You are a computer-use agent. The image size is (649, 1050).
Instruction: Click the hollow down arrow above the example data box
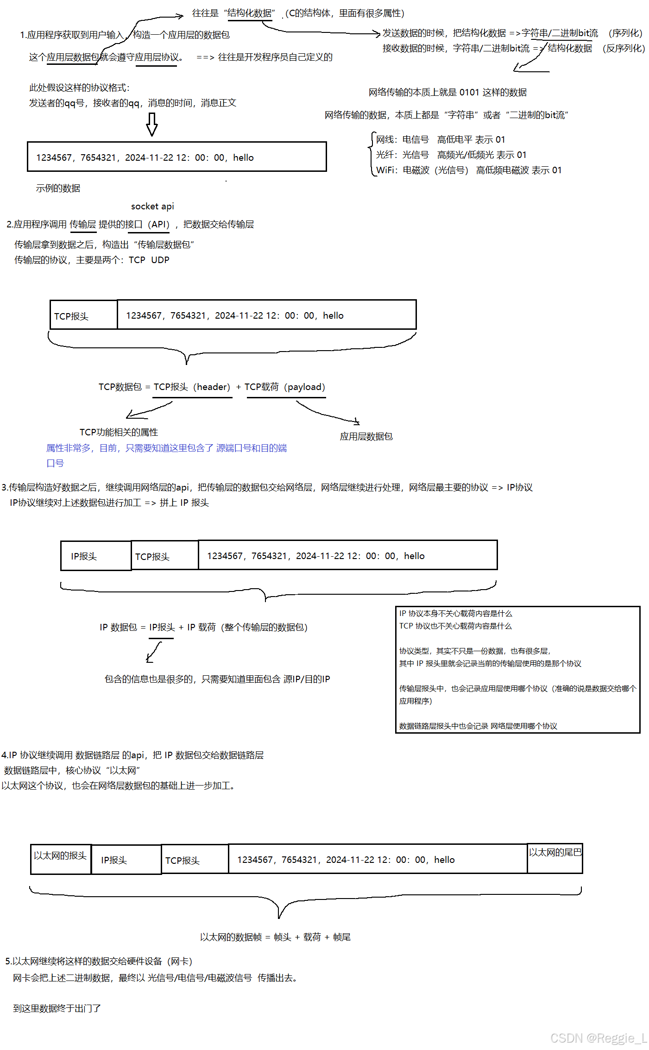point(152,124)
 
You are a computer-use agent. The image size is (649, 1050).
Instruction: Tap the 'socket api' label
point(152,206)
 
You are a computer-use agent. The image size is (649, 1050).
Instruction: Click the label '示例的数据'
point(58,188)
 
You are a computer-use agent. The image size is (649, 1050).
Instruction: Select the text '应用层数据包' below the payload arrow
point(366,436)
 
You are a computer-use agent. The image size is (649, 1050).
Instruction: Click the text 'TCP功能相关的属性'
point(119,432)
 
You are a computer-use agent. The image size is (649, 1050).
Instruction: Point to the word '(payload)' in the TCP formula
point(305,387)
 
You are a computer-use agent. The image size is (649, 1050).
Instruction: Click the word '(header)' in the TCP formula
point(212,387)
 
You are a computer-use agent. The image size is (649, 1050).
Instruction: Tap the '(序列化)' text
point(625,33)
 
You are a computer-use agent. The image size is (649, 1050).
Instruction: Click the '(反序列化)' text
point(624,49)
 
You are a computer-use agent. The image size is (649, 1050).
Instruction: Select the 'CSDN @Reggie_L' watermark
point(599,1038)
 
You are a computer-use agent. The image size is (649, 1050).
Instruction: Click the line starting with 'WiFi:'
point(468,170)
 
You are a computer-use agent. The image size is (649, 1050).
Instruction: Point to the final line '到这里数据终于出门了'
point(57,1008)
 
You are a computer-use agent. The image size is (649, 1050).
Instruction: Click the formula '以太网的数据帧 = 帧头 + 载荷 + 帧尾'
point(275,937)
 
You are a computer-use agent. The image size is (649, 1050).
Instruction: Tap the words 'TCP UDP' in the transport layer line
point(149,260)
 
